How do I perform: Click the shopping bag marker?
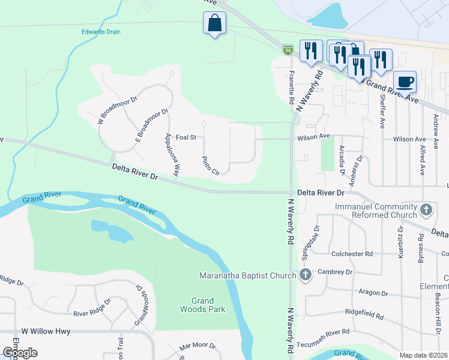(215, 25)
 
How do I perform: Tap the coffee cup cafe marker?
(405, 82)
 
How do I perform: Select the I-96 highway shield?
(288, 50)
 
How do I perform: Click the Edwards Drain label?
(101, 32)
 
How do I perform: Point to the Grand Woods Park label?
(203, 305)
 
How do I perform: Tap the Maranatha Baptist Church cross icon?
(306, 276)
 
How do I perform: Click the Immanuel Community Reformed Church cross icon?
(426, 209)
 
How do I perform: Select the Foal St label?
(186, 137)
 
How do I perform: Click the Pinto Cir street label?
(210, 165)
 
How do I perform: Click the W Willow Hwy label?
(46, 331)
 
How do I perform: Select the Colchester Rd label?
(352, 254)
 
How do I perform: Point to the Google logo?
(20, 352)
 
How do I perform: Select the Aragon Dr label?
(372, 293)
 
